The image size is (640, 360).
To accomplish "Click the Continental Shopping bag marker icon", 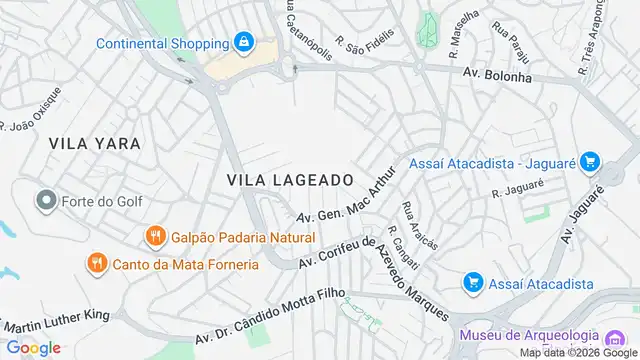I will coord(242,43).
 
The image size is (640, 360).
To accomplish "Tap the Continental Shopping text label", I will coord(160,43).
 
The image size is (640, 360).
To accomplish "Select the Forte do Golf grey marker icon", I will coord(44,201).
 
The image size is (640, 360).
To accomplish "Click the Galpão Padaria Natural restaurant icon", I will coord(154,237).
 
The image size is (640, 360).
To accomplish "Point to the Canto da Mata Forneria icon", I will coord(96,264).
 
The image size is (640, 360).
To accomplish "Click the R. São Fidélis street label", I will coord(365,40).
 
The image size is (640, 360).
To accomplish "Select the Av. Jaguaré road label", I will coord(586,213).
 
